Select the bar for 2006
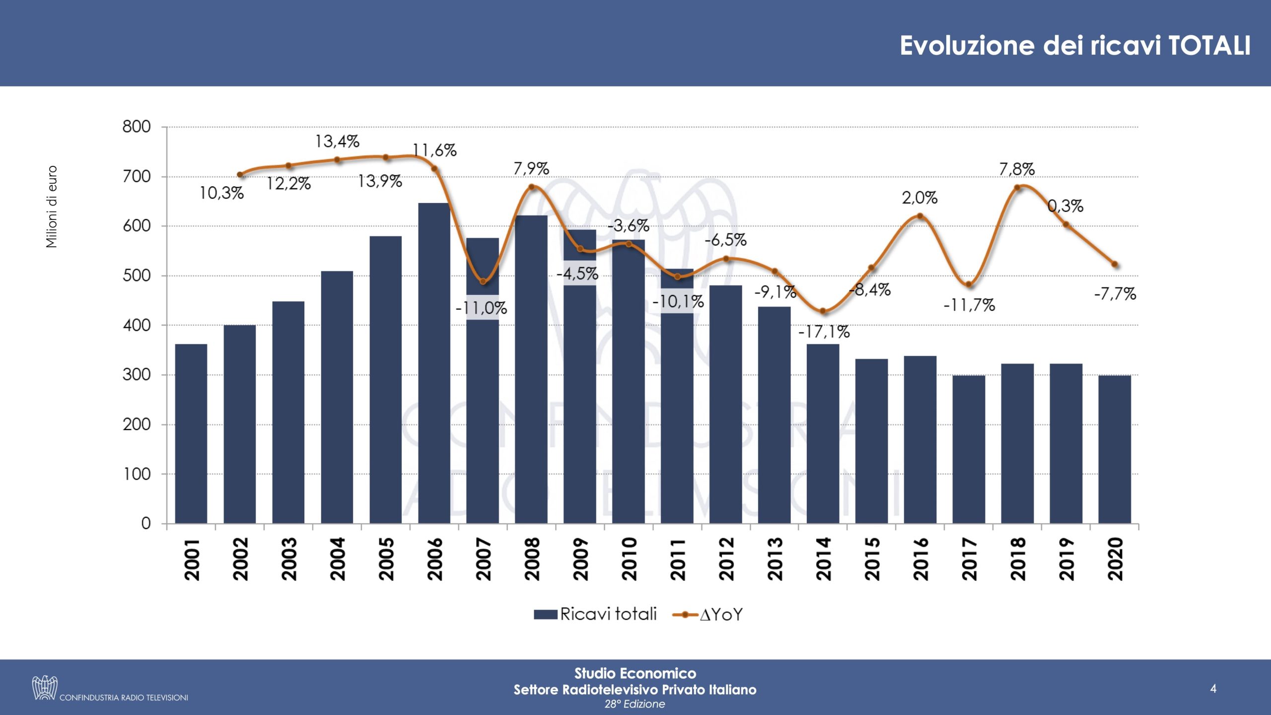[434, 362]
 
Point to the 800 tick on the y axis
[137, 127]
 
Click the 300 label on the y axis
[137, 375]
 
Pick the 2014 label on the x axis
[823, 559]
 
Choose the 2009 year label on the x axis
[580, 559]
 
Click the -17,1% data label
[824, 332]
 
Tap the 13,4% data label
[337, 142]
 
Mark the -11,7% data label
[969, 305]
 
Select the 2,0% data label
[919, 198]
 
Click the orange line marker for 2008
[531, 187]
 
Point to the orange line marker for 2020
[1115, 265]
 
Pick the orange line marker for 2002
[240, 175]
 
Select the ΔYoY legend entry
[708, 615]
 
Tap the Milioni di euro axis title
[52, 207]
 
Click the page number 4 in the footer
[1213, 688]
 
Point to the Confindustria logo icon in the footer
[45, 688]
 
